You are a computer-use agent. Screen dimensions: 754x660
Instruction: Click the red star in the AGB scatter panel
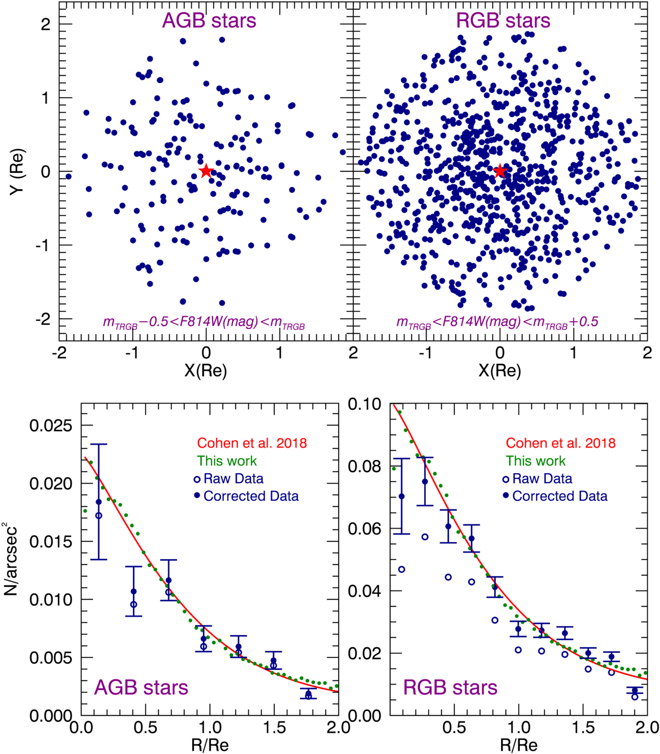point(206,171)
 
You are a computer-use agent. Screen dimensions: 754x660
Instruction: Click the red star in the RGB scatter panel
point(500,171)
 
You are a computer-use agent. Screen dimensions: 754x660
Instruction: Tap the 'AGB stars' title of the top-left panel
point(209,21)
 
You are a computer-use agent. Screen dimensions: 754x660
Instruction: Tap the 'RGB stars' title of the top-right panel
point(503,21)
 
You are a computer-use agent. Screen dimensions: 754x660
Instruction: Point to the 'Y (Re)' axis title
point(18,171)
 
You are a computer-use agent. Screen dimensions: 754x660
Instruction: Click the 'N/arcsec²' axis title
point(11,558)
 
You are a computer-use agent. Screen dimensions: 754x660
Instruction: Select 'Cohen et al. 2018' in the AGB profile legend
point(252,443)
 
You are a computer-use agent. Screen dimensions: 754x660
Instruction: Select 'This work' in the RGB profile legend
point(535,461)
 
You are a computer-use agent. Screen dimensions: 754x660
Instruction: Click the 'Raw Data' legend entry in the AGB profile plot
point(233,478)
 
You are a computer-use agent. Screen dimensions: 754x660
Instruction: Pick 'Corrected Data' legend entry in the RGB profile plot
point(559,496)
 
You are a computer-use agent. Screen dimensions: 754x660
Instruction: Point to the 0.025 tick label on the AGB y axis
point(51,426)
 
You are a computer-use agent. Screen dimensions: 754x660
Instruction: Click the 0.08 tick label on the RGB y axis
point(364,466)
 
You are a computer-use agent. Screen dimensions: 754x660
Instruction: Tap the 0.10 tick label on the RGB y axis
point(364,404)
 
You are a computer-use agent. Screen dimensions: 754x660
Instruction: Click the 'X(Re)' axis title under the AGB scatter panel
point(205,371)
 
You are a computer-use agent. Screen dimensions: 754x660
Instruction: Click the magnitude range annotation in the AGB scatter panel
point(204,322)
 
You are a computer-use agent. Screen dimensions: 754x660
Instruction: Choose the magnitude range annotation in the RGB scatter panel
point(497,322)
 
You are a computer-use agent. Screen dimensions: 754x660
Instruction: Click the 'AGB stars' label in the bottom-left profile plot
point(141,687)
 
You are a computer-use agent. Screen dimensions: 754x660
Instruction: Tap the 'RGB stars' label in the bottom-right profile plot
point(450,687)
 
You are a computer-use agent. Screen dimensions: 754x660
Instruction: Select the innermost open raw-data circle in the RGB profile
point(401,569)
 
